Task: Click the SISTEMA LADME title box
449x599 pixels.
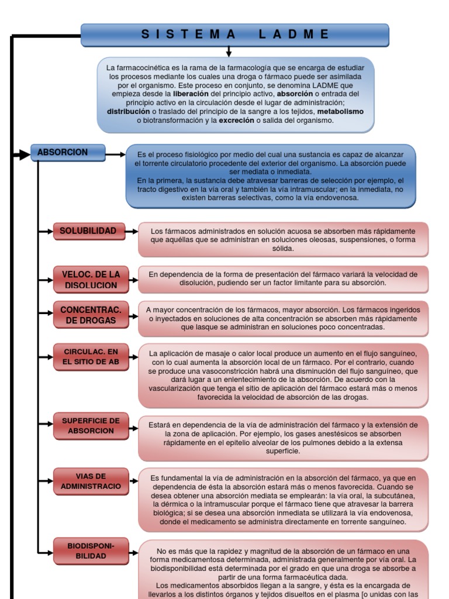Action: coord(234,35)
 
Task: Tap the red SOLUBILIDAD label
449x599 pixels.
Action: coord(88,231)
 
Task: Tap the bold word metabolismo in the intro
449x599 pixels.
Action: coord(340,111)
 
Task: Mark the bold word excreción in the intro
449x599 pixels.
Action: coord(237,120)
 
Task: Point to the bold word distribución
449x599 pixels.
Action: coord(128,111)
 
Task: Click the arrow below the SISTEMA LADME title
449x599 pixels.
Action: coord(229,52)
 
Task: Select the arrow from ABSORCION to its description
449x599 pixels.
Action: coord(115,155)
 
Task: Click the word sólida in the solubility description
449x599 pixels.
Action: coord(283,248)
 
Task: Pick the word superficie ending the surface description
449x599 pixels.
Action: coord(283,451)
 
